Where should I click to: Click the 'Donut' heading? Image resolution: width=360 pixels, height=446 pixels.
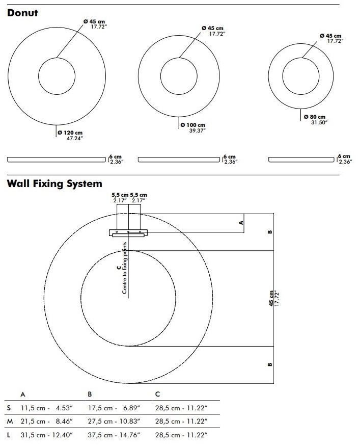[x=22, y=13]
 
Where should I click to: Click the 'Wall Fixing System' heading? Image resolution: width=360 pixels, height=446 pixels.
[x=54, y=183]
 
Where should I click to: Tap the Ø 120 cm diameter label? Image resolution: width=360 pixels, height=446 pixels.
[x=70, y=135]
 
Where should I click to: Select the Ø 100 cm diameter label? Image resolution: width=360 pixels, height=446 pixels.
[x=193, y=127]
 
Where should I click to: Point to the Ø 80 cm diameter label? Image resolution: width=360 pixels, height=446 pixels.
[x=314, y=119]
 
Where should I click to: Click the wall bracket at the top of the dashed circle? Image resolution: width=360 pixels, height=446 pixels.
[x=128, y=233]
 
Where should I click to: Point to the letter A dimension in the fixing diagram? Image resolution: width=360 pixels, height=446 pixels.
[x=241, y=222]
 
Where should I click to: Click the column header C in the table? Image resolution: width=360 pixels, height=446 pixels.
[x=157, y=394]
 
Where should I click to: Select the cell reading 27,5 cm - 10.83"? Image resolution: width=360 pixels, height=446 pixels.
[x=114, y=422]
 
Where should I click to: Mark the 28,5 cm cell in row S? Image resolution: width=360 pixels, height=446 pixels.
[x=181, y=408]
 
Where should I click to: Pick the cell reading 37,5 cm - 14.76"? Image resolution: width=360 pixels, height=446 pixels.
[x=114, y=435]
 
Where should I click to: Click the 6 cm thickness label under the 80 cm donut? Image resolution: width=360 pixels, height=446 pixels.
[x=345, y=159]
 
